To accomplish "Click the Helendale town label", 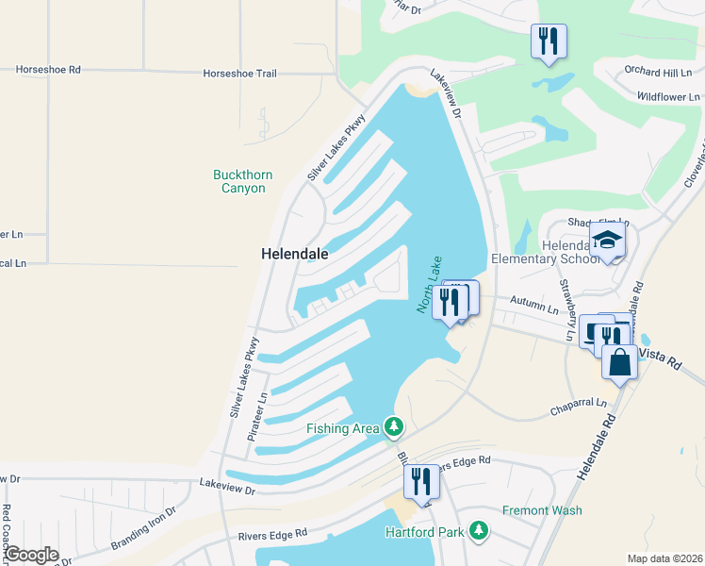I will pyautogui.click(x=295, y=254).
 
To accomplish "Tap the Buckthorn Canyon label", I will pyautogui.click(x=240, y=181).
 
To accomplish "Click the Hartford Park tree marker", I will pyautogui.click(x=480, y=531).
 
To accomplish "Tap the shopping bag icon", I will pyautogui.click(x=619, y=362).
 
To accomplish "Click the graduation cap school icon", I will pyautogui.click(x=608, y=241).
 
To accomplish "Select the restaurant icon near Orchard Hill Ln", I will pyautogui.click(x=549, y=41).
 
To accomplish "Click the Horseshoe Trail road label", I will pyautogui.click(x=240, y=73).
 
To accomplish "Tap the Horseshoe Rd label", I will pyautogui.click(x=49, y=70).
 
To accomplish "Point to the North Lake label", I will pyautogui.click(x=430, y=284).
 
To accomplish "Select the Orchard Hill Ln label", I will pyautogui.click(x=658, y=72).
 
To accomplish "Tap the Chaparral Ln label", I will pyautogui.click(x=581, y=413).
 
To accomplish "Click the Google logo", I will pyautogui.click(x=31, y=555).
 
